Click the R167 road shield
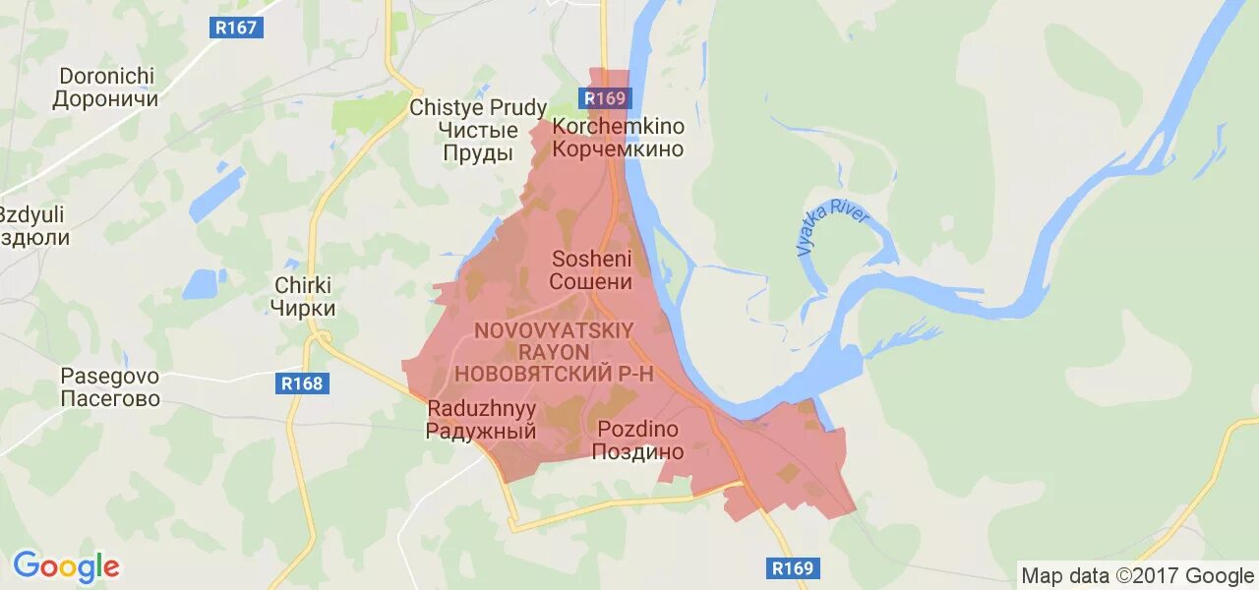click(236, 28)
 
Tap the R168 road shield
click(302, 383)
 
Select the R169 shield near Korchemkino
click(604, 98)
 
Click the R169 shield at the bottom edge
click(793, 568)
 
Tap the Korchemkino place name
click(618, 138)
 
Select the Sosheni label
click(590, 270)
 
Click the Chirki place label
click(303, 296)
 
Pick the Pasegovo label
click(110, 387)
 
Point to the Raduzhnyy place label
click(481, 419)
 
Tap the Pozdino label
click(637, 440)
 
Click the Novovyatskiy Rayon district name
click(556, 351)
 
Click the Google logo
click(66, 566)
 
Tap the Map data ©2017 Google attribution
click(1137, 575)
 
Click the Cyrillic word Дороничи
click(105, 99)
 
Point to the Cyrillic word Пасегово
click(110, 400)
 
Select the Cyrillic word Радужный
click(481, 431)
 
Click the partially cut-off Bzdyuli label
click(32, 226)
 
